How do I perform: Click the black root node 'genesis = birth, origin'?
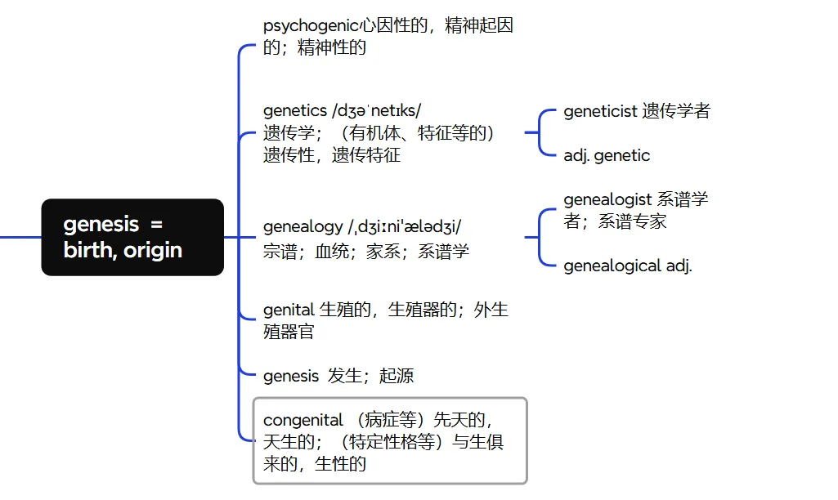tap(132, 237)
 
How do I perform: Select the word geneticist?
tap(600, 111)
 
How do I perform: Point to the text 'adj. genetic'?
tap(607, 155)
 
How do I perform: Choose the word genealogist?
tap(607, 199)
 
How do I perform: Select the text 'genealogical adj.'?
tap(628, 266)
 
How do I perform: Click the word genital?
tap(289, 310)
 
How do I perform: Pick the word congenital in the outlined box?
tap(303, 421)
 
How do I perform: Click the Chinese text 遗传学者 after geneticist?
tap(676, 111)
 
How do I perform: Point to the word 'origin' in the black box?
tap(153, 250)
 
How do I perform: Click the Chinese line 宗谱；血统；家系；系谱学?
tap(366, 252)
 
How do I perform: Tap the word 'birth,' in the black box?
tap(90, 250)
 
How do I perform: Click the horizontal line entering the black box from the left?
tap(20, 237)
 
